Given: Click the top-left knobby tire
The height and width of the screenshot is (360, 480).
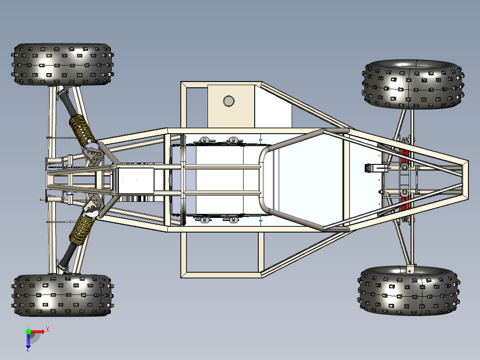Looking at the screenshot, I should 62,64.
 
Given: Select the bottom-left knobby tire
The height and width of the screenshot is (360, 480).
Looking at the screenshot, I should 62,295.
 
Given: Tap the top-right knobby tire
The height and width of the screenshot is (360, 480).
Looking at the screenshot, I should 413,84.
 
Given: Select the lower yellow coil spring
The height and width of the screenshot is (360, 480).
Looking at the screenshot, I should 81,230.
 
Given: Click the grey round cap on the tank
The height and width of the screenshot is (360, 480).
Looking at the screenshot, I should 228,101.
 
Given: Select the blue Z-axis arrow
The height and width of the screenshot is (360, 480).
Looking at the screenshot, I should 28,341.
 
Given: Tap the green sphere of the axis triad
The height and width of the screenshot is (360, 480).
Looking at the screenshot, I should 28,331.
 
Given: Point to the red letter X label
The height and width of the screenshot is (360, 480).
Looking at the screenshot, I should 47,330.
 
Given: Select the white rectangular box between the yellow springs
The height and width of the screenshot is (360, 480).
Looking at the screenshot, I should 136,180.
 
